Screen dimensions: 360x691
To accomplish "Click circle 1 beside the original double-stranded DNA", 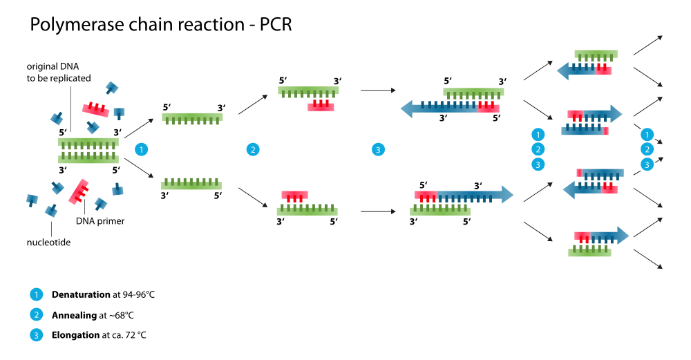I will pos(142,149).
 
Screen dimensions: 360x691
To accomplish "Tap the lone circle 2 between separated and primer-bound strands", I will pos(253,149).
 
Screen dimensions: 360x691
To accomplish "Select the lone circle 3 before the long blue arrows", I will pos(378,149).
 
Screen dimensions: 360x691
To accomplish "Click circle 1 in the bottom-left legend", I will pos(37,294).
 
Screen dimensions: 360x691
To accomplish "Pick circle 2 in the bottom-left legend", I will pos(37,314).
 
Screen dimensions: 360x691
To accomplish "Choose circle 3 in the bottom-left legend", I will pos(37,335).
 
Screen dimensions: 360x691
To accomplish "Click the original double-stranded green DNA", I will pos(88,151).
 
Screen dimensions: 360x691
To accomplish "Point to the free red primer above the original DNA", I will pos(95,109).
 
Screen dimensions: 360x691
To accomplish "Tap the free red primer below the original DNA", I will pos(78,191).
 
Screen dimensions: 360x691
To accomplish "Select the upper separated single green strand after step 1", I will pos(192,117).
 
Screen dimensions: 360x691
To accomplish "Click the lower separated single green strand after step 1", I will pos(191,184).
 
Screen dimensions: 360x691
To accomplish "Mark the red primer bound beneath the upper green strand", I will pos(321,106).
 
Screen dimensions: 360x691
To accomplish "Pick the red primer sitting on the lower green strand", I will pos(294,196).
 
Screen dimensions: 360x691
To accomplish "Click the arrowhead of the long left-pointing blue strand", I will pos(407,108).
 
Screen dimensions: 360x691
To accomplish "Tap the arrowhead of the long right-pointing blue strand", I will pos(507,194).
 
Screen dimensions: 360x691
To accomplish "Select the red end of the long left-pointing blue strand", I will pos(488,108).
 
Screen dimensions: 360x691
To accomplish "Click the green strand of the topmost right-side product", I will pos(596,54).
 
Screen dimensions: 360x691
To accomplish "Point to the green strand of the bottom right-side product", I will pos(589,253).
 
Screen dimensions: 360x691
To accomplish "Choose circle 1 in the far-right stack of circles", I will pos(647,135).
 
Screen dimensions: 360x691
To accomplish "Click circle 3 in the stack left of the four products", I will pos(538,164).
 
